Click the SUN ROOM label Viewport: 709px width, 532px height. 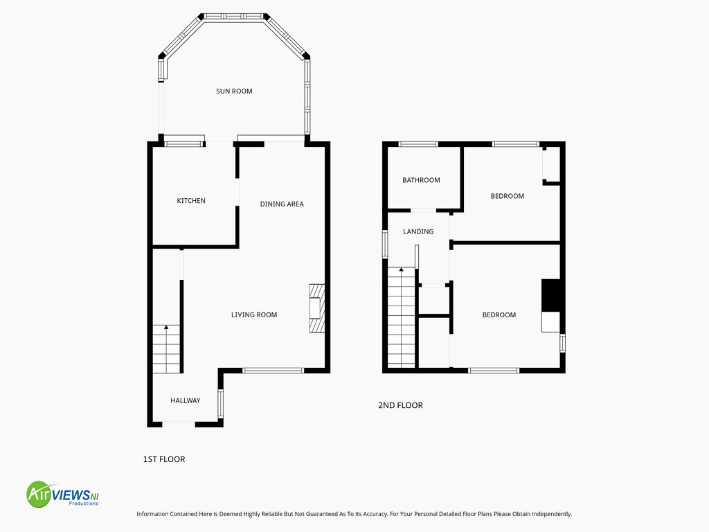(x=234, y=91)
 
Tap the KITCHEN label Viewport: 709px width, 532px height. (x=191, y=200)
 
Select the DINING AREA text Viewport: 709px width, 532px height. (x=282, y=204)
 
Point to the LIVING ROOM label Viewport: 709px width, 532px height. (x=253, y=315)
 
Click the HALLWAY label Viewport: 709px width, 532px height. (x=185, y=400)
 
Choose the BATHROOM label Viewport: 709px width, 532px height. (x=421, y=180)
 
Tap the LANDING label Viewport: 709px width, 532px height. (x=418, y=231)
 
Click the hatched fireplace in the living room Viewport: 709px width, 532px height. (x=316, y=308)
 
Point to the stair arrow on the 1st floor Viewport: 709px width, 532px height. (x=166, y=327)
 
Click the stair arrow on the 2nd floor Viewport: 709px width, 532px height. (x=401, y=269)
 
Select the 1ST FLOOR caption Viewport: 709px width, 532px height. (x=164, y=459)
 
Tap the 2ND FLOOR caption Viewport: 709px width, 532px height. (x=400, y=405)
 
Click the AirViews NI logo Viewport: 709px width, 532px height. (x=62, y=494)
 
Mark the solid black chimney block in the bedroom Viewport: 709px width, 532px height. (x=550, y=295)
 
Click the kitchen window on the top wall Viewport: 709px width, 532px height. (x=183, y=144)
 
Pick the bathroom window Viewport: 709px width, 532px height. (x=418, y=144)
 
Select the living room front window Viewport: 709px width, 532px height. (x=273, y=371)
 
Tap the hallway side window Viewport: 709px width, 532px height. (x=221, y=404)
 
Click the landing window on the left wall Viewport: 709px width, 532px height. (x=385, y=245)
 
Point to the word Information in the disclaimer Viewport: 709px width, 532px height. (x=152, y=514)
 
